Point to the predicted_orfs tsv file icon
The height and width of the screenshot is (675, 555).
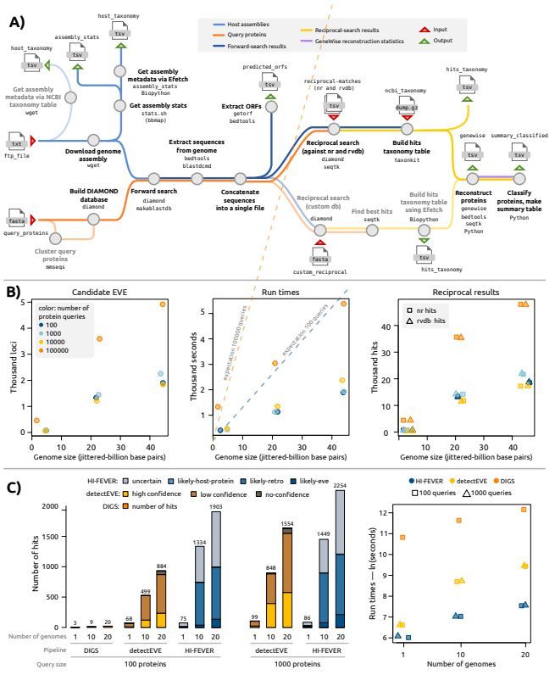[x=270, y=84]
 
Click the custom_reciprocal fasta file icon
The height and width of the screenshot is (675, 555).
[x=320, y=257]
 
